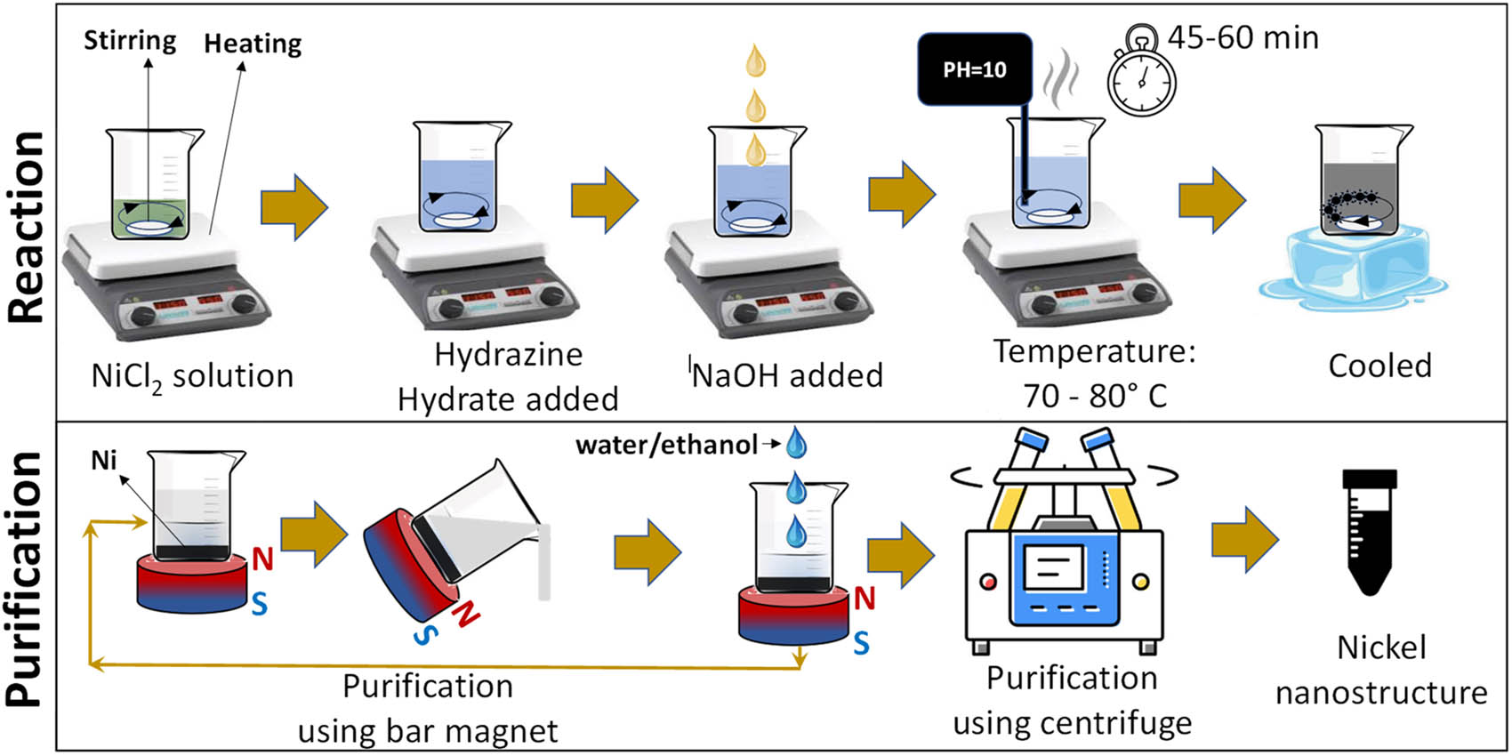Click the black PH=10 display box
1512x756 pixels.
975,69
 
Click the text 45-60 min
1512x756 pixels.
1243,37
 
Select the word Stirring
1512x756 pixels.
130,40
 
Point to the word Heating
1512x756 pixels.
253,43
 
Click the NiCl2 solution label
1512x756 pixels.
192,376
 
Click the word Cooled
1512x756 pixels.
1379,366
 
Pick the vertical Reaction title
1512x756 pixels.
27,227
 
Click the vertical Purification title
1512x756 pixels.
27,578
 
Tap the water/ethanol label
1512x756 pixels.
666,444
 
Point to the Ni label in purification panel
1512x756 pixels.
104,460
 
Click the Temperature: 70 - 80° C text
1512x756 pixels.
1095,373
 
